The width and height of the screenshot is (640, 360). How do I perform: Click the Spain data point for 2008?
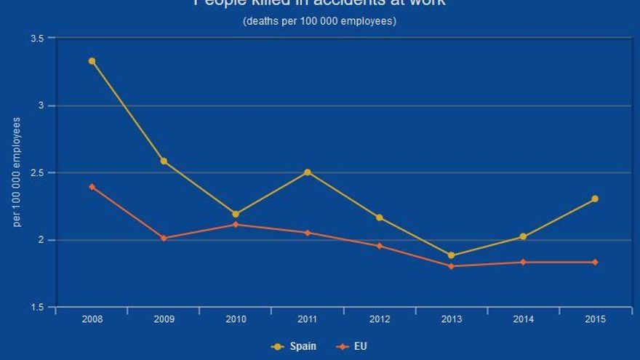(92, 61)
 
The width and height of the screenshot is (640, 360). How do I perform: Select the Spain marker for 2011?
(308, 172)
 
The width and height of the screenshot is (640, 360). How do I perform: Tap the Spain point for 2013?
(451, 255)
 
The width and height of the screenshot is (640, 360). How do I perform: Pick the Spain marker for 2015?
(595, 199)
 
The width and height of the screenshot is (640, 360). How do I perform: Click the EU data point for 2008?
(92, 187)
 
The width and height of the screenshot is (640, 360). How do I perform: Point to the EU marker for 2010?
(236, 224)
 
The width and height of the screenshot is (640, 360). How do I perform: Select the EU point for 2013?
(451, 266)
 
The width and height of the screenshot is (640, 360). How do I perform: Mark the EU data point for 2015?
(595, 262)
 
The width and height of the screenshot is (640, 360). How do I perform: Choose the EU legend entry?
(353, 346)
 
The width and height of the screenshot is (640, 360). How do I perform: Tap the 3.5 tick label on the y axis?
(37, 38)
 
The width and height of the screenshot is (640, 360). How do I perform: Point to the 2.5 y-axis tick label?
(37, 173)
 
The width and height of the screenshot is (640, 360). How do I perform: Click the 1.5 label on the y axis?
(37, 308)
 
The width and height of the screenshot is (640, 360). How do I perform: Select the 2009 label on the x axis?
(164, 319)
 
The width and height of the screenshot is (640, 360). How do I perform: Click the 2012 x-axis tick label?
(379, 319)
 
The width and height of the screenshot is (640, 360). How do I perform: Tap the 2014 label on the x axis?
(523, 319)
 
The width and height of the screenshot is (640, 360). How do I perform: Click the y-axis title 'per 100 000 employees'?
(17, 172)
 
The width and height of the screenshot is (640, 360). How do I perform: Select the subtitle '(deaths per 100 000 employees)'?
(319, 21)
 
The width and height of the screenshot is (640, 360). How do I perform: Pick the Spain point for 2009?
(164, 161)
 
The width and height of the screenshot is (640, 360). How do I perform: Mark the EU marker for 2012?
(379, 246)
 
